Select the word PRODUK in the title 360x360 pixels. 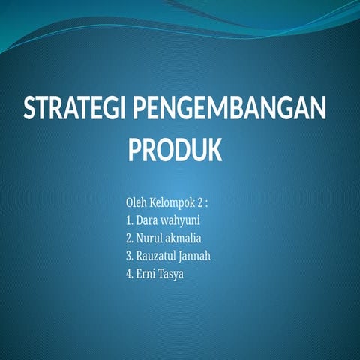click(x=175, y=150)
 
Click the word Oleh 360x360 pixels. click(x=137, y=203)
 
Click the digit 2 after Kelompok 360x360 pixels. click(x=199, y=203)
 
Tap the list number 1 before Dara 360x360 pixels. click(x=129, y=221)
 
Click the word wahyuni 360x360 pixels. click(x=181, y=222)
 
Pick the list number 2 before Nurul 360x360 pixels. click(x=129, y=238)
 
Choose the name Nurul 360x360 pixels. click(x=149, y=238)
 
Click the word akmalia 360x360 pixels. click(x=184, y=238)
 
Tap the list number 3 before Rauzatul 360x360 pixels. click(x=129, y=256)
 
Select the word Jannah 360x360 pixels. click(x=196, y=256)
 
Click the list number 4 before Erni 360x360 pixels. click(x=129, y=274)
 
